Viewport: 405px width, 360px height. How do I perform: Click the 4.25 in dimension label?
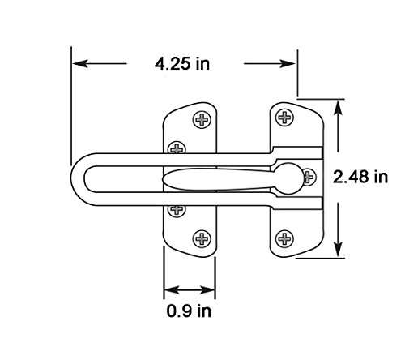[x=182, y=64]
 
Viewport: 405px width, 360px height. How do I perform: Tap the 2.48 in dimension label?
[x=360, y=177]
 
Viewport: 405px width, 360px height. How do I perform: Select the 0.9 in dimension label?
[x=189, y=311]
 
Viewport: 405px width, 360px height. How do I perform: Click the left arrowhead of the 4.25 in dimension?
[x=80, y=64]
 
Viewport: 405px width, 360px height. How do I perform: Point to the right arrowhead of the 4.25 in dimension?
[x=288, y=64]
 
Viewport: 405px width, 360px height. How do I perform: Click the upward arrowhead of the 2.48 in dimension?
[x=338, y=108]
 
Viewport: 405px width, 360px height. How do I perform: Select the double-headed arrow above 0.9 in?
[x=190, y=290]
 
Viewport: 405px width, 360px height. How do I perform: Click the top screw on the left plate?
[x=202, y=119]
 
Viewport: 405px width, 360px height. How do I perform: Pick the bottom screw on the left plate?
[x=202, y=239]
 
